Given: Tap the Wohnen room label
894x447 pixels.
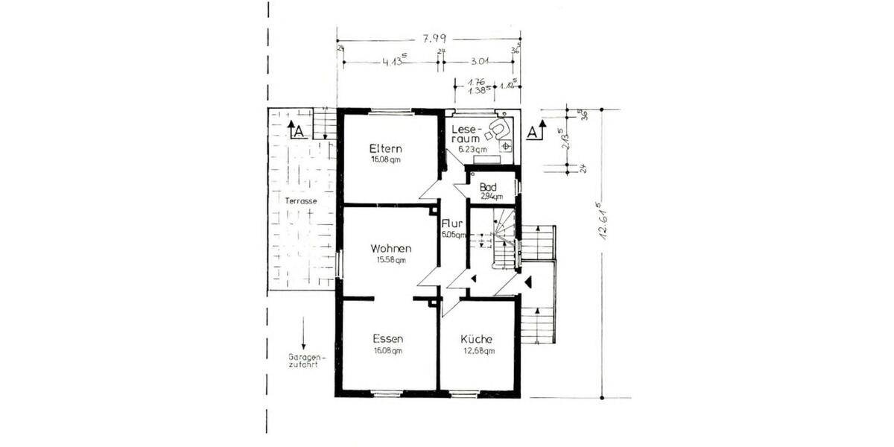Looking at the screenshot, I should (x=390, y=248).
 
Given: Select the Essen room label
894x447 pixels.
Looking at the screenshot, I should (x=388, y=339).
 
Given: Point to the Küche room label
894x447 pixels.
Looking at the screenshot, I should (x=476, y=339).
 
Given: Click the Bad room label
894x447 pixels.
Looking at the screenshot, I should (x=488, y=187).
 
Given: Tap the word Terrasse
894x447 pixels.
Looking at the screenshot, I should (x=301, y=202).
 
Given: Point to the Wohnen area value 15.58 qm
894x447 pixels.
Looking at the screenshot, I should (x=390, y=260).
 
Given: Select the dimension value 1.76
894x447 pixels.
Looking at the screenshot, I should (x=476, y=81).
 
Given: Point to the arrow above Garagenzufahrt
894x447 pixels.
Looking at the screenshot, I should (x=304, y=334).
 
